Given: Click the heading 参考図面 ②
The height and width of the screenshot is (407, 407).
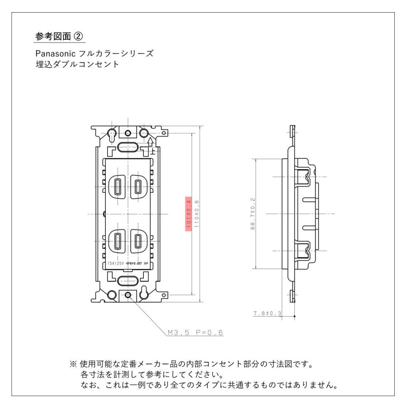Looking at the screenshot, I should (x=60, y=35).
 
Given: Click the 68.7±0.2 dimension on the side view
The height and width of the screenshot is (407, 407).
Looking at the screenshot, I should (x=253, y=213).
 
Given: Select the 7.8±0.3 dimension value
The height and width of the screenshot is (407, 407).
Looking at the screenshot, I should (x=268, y=313).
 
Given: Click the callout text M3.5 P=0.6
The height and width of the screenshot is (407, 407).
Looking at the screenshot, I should (x=195, y=332).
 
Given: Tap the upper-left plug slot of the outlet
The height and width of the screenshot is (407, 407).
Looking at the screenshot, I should (x=118, y=186).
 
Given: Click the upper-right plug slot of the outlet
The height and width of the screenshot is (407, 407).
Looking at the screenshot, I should (x=138, y=186).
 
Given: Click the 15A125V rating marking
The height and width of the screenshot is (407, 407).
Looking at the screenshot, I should (x=115, y=263).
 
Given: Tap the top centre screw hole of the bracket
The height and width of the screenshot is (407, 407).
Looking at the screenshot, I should (x=128, y=133).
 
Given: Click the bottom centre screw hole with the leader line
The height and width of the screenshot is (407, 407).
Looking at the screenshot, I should (x=128, y=296).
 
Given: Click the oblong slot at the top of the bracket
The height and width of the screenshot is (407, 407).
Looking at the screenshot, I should (x=128, y=147).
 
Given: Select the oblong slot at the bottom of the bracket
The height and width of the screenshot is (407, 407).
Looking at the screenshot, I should (x=128, y=281).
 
